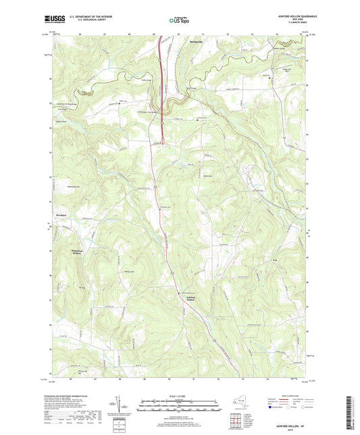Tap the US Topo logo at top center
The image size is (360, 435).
pyautogui.click(x=179, y=21)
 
